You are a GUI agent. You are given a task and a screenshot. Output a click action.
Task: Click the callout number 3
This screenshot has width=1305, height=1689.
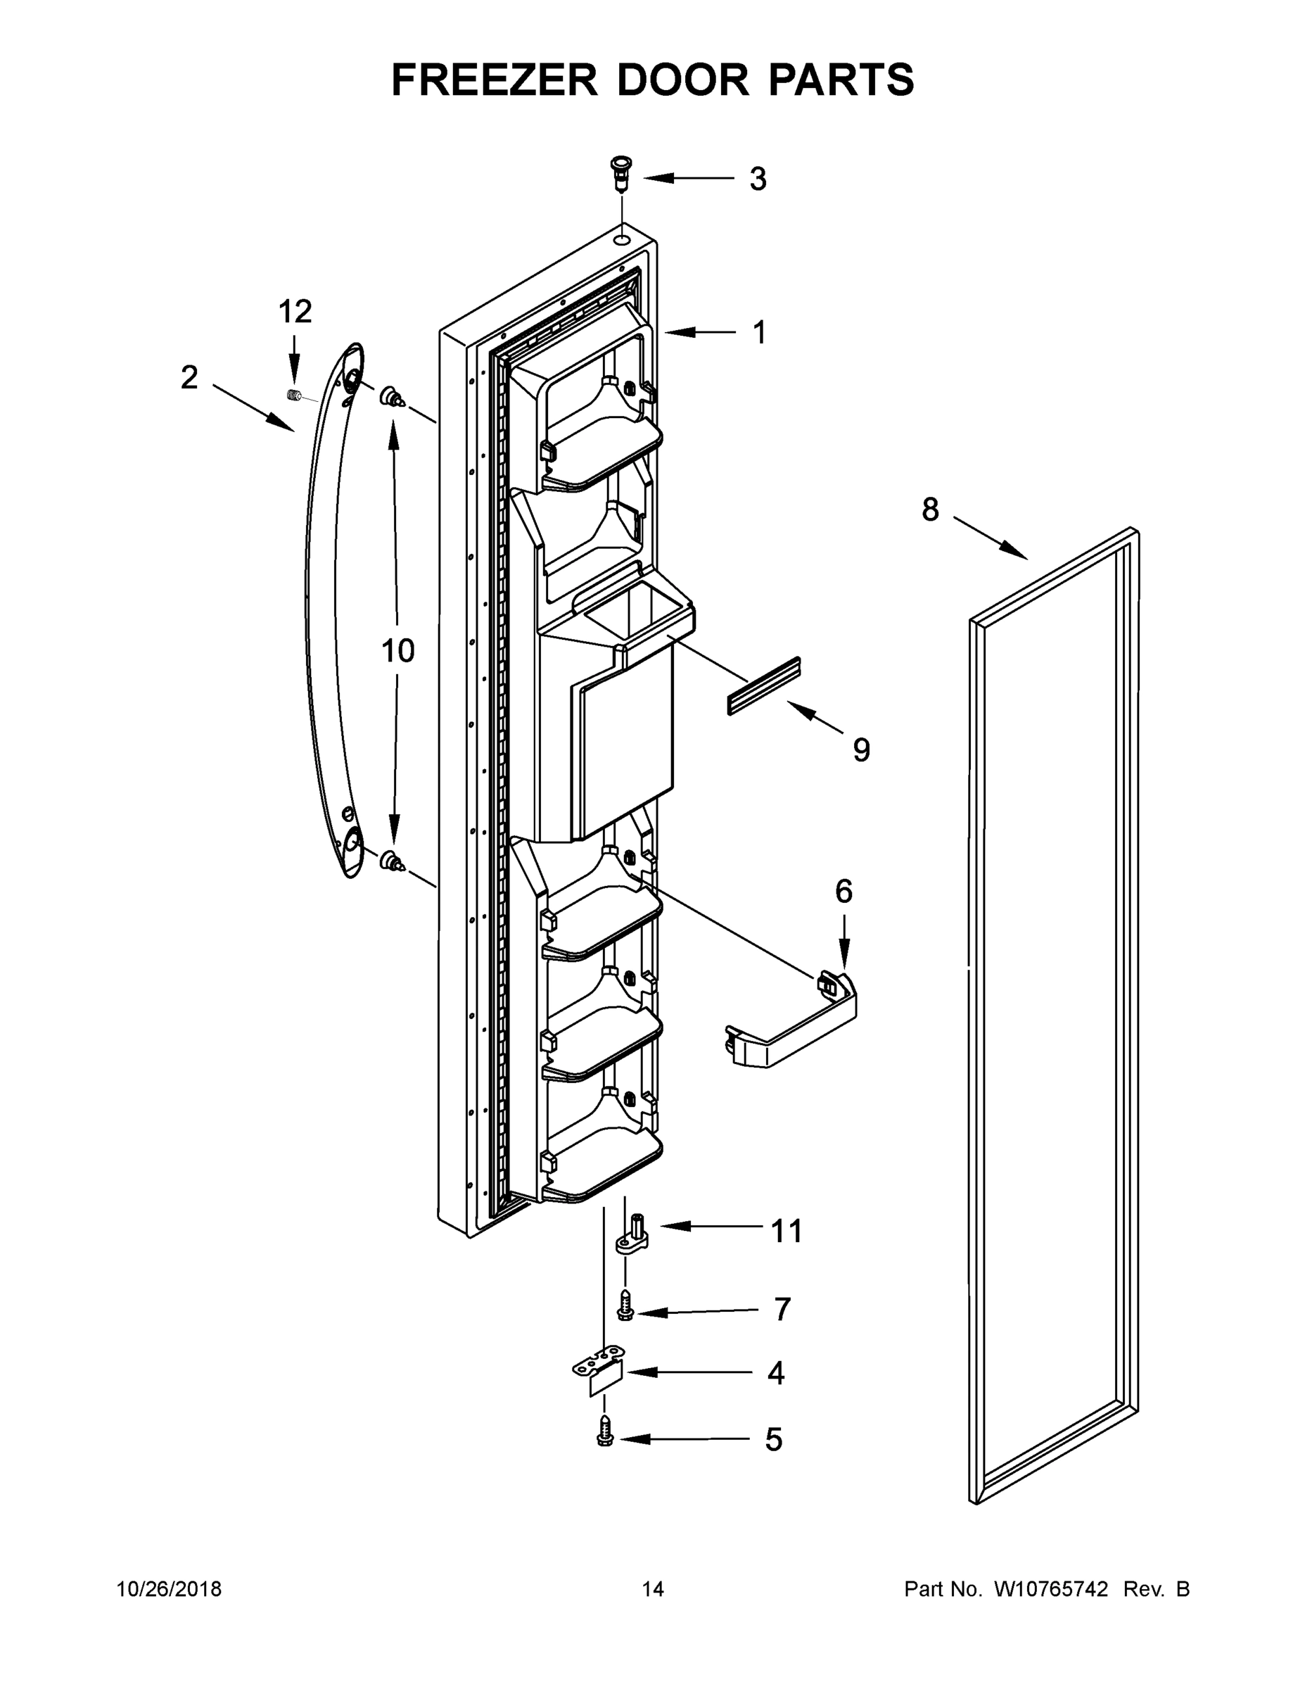tap(758, 179)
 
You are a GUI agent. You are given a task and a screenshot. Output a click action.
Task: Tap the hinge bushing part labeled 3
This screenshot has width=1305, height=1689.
tap(620, 175)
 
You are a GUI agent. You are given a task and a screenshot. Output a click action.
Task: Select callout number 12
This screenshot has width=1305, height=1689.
tap(295, 312)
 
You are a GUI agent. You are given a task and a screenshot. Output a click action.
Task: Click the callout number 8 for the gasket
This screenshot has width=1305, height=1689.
tap(930, 510)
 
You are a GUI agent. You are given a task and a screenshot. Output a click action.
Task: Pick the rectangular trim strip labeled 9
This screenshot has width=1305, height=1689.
tap(763, 686)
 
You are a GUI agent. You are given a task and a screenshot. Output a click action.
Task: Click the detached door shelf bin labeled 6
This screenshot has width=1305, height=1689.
tap(796, 1023)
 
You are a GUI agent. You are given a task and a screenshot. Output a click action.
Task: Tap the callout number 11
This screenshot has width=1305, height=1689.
tap(787, 1230)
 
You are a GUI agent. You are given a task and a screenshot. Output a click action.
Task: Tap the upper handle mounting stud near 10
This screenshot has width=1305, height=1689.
tap(391, 398)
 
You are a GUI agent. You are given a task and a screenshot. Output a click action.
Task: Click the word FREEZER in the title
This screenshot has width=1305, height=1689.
tap(495, 80)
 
